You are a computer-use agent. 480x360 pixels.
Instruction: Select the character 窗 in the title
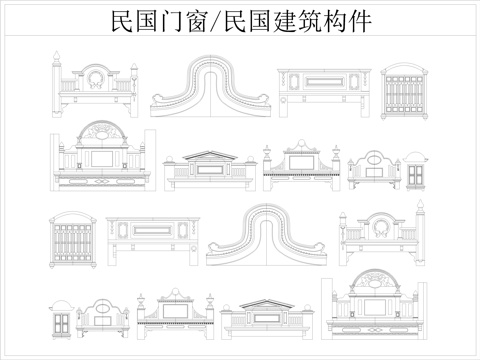tap(192, 22)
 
